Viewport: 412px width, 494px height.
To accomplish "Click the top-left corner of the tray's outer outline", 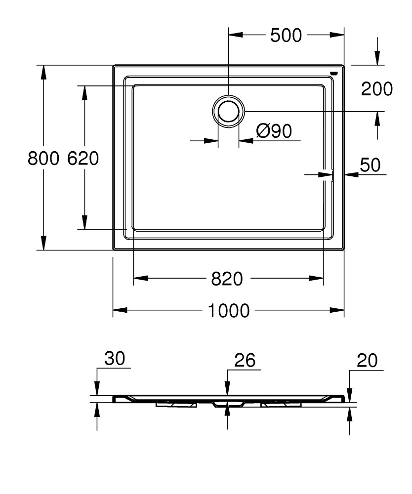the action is [x=113, y=65].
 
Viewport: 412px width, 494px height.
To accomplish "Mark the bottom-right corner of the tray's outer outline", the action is [x=344, y=250].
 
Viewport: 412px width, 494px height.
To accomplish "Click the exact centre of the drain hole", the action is [x=228, y=111].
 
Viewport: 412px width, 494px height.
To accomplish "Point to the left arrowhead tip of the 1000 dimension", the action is [x=113, y=310].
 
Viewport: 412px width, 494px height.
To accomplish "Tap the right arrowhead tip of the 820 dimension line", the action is [x=324, y=278].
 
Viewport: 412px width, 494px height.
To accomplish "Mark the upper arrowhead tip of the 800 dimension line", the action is [x=44, y=65].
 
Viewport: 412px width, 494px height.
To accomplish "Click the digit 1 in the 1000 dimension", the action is [x=212, y=311].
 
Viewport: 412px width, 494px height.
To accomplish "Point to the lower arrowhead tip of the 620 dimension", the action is [x=84, y=230].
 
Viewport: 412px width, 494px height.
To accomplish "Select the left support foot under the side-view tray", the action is [x=176, y=404].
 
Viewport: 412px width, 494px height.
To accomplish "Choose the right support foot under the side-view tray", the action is [x=281, y=404].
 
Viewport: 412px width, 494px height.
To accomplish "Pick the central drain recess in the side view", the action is [x=228, y=404].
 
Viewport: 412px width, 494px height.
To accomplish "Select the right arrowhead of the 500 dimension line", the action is [x=337, y=35].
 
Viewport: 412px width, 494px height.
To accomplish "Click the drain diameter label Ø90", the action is [x=274, y=131].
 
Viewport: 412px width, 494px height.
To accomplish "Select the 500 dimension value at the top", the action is [x=286, y=35].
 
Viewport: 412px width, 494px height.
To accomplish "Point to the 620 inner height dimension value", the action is [x=83, y=158].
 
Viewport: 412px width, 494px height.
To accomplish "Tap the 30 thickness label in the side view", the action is [x=115, y=358].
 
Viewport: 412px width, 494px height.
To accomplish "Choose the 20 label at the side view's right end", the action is [x=367, y=361].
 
